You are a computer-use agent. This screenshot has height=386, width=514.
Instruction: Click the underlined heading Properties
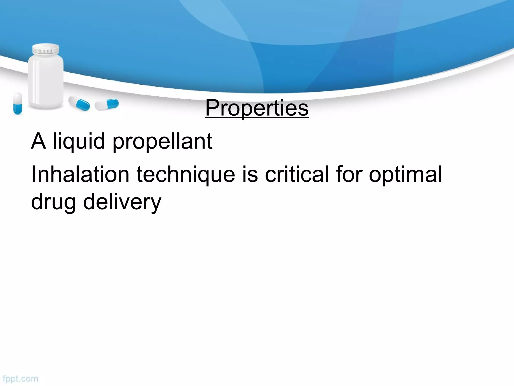pyautogui.click(x=257, y=108)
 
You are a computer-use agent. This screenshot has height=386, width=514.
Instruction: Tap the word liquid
pyautogui.click(x=79, y=141)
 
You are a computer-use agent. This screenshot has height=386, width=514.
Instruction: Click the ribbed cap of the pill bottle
pyautogui.click(x=46, y=49)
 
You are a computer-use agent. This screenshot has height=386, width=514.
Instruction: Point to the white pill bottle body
pyautogui.click(x=46, y=80)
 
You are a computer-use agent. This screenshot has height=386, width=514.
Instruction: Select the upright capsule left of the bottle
pyautogui.click(x=18, y=103)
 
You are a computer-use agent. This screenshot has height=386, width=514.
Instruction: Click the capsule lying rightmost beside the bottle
pyautogui.click(x=107, y=104)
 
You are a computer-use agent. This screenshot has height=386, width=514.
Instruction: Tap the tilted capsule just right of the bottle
pyautogui.click(x=79, y=103)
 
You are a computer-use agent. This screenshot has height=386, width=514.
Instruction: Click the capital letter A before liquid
pyautogui.click(x=38, y=141)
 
